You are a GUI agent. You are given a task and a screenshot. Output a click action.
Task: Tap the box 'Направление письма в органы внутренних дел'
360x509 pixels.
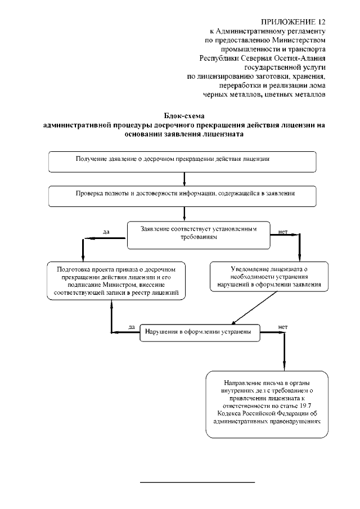267,404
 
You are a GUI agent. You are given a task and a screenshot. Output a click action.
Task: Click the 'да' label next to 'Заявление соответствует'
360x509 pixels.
106,231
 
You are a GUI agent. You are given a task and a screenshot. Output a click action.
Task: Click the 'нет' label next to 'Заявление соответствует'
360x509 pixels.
283,231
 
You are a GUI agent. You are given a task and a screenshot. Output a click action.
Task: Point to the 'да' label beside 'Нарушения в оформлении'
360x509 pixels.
131,326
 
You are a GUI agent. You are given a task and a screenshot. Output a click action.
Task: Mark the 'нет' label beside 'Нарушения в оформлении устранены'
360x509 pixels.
283,326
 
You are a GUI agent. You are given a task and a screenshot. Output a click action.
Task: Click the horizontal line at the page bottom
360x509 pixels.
197,483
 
